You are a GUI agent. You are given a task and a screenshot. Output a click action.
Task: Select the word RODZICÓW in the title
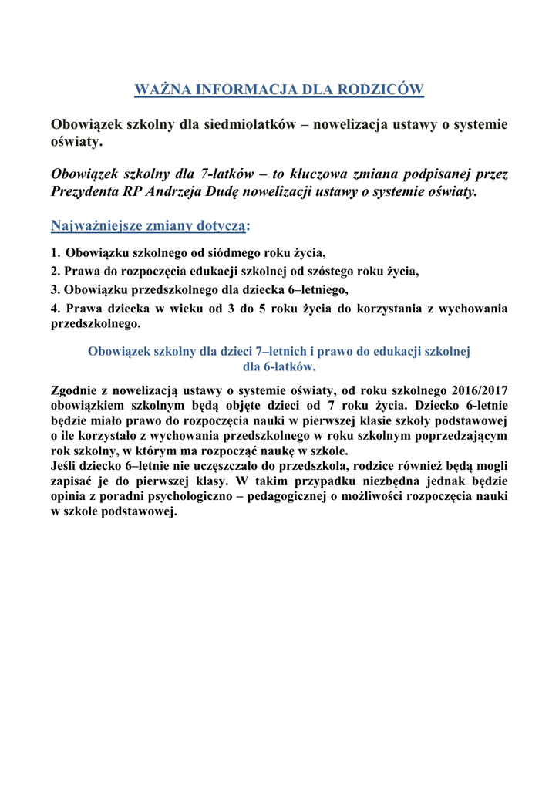[x=384, y=90]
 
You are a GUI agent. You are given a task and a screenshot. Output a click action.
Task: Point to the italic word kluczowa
[x=315, y=175]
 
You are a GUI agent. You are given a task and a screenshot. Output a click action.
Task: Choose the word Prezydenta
[x=85, y=191]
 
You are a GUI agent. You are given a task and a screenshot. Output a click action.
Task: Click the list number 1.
[x=54, y=252]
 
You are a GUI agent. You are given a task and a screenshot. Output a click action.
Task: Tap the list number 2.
[x=54, y=271]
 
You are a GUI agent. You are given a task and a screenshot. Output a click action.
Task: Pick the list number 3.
[x=54, y=290]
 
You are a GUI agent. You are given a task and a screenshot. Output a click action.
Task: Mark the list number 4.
[x=54, y=309]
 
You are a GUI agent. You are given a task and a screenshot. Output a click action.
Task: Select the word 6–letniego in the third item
[x=315, y=290]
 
